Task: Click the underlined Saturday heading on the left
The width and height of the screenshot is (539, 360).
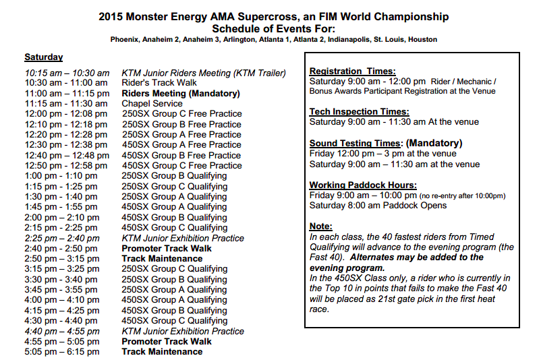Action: pos(43,57)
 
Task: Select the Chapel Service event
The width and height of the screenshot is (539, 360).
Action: pos(152,104)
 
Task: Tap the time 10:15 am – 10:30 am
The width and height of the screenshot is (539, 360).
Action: pos(67,73)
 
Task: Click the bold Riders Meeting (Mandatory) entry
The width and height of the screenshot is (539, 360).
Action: pos(180,94)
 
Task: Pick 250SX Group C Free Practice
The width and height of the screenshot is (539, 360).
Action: pos(181,114)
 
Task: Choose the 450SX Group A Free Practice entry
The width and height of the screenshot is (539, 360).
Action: pos(181,145)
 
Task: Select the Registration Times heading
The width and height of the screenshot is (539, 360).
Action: pos(352,71)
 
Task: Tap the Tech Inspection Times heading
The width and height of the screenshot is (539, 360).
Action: pos(360,112)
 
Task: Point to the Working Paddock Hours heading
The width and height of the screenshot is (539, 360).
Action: pos(363,185)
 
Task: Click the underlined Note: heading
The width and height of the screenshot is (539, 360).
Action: pos(321,227)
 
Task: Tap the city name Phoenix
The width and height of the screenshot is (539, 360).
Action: pos(126,39)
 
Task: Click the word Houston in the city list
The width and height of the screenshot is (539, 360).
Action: pos(422,39)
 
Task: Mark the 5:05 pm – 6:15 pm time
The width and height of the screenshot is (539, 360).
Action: pos(62,352)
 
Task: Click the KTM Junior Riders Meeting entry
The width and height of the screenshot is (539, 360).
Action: pos(204,73)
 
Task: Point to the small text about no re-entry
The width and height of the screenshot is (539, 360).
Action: pos(463,196)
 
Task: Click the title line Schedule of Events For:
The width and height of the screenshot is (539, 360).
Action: pos(273,28)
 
